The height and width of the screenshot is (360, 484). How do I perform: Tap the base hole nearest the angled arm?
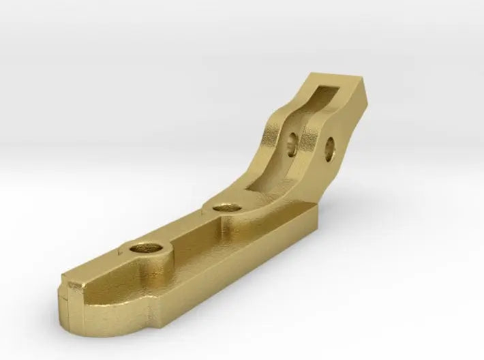[x=223, y=206]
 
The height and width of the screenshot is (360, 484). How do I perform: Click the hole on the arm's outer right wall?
[x=329, y=147]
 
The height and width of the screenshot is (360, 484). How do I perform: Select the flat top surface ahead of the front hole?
[x=102, y=276]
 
